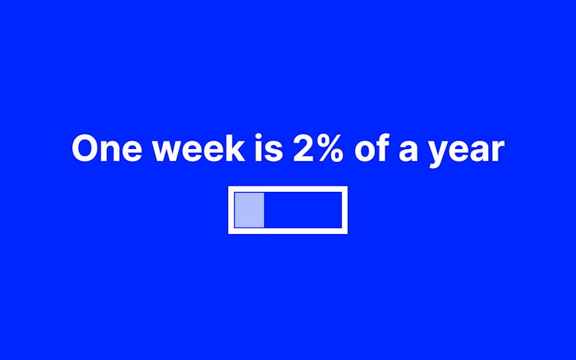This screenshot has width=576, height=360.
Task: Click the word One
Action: click(x=107, y=148)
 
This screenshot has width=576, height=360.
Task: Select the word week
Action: click(x=198, y=147)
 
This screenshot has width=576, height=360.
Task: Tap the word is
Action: click(x=269, y=147)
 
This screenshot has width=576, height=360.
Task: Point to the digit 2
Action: click(x=304, y=147)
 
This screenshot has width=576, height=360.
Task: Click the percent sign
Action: click(x=330, y=147)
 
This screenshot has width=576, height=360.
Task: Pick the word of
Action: click(x=372, y=147)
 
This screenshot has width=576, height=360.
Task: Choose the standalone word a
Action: click(x=408, y=150)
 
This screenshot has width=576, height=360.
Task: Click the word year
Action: click(x=466, y=151)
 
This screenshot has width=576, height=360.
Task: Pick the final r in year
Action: click(x=498, y=150)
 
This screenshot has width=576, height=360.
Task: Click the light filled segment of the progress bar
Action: click(x=250, y=210)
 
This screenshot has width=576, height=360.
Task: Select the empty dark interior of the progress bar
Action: click(x=303, y=210)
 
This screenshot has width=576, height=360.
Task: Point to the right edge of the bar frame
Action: click(x=345, y=210)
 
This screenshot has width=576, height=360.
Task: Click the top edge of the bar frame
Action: click(x=288, y=190)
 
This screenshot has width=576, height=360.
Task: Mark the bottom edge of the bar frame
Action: click(x=288, y=230)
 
